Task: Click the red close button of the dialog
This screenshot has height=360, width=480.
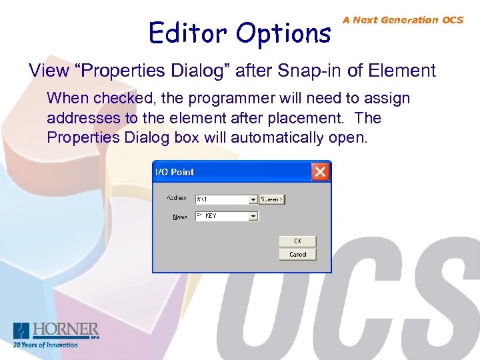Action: (x=321, y=172)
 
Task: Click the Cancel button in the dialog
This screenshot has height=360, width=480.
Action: (x=297, y=254)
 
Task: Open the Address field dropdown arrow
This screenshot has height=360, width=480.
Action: (x=253, y=199)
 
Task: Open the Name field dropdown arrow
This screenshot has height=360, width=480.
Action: (x=253, y=216)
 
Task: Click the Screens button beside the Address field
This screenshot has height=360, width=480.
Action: (x=271, y=199)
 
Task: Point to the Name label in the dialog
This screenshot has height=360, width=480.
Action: (x=180, y=217)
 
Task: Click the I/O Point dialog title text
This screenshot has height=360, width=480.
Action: (x=175, y=172)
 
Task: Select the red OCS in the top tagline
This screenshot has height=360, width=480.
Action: (x=452, y=20)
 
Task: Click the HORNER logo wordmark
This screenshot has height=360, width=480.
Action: (x=65, y=329)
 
